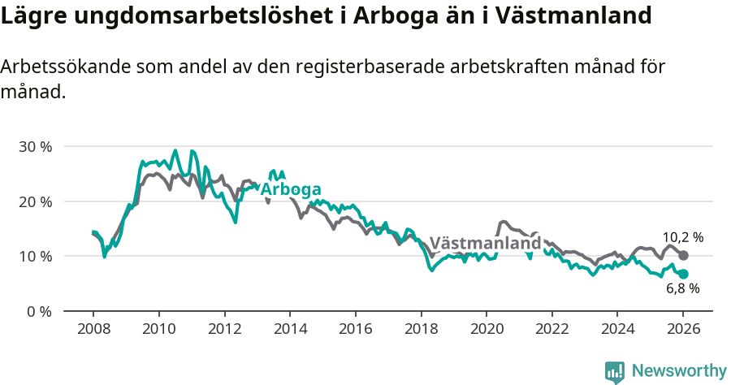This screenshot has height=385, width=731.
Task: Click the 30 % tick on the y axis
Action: [35, 147]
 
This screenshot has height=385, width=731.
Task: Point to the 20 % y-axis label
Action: [35, 201]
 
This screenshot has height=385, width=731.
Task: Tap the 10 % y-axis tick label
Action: [35, 257]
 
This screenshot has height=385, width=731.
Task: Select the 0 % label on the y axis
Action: [39, 311]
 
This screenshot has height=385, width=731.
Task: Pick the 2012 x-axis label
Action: [224, 330]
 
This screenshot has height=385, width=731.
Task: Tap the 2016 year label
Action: [355, 330]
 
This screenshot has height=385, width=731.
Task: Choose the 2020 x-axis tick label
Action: [486, 330]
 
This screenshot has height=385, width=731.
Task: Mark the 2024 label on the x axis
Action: [616, 330]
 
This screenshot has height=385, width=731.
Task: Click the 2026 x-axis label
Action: [682, 330]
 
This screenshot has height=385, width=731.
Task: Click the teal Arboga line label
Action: [290, 188]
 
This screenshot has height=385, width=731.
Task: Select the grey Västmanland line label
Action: [484, 243]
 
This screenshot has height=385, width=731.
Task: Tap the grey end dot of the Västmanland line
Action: [683, 255]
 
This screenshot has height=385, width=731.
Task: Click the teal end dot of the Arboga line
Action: [683, 274]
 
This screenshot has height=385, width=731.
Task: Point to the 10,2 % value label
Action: [683, 237]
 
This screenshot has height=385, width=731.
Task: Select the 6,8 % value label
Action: [683, 289]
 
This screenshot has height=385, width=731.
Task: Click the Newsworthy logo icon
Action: [614, 372]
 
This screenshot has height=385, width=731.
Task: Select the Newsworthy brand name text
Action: [679, 371]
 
